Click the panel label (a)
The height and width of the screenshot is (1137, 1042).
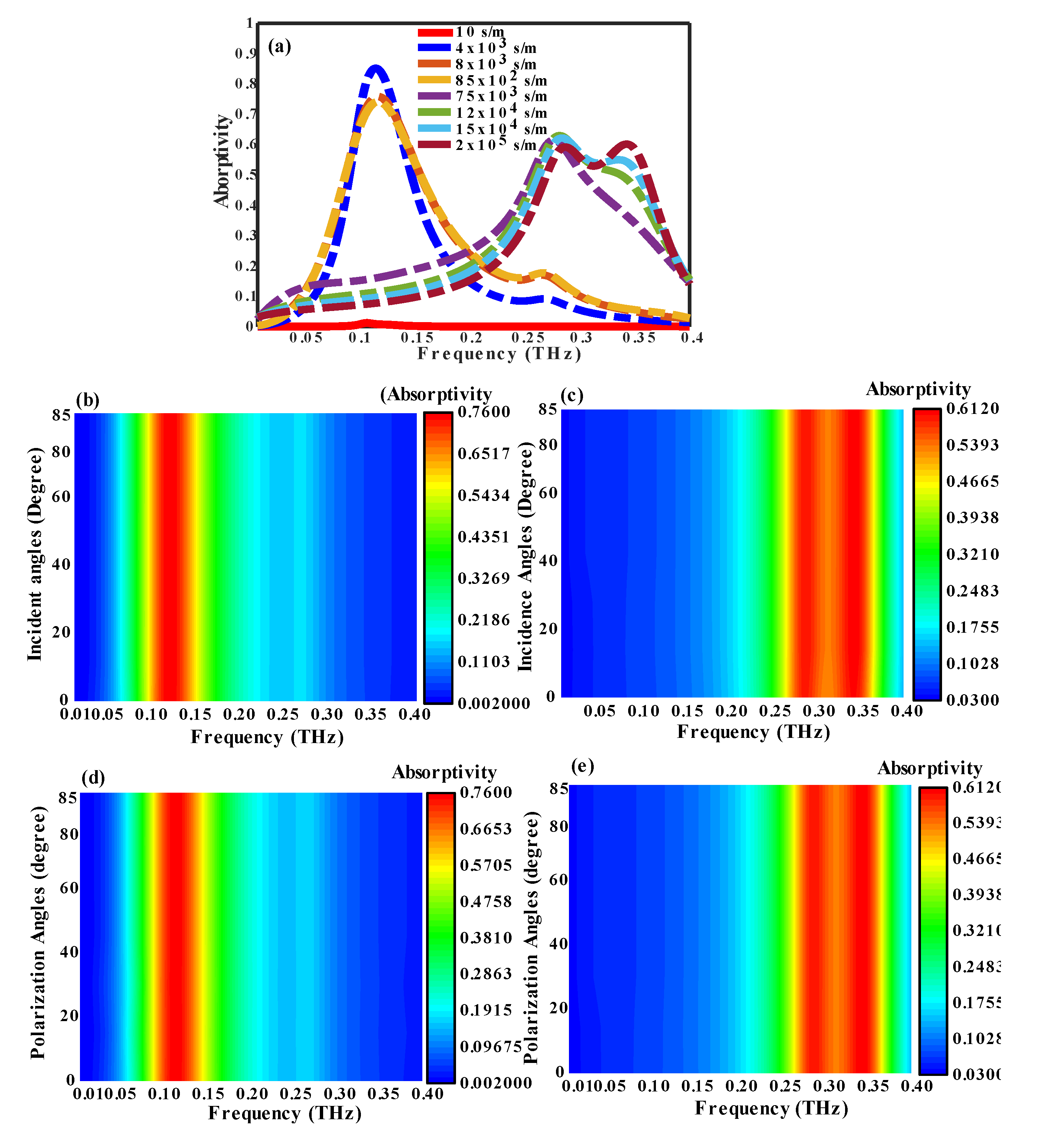click(280, 46)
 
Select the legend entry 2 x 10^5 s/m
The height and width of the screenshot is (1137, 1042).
click(496, 145)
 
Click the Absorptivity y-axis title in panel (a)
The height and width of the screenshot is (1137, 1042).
click(222, 161)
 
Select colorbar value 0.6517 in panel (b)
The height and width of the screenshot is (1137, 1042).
click(483, 454)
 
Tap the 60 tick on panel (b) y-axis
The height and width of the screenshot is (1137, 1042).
click(61, 496)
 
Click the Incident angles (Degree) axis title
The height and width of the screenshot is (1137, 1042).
click(35, 554)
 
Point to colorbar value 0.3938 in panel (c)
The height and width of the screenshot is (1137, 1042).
click(972, 517)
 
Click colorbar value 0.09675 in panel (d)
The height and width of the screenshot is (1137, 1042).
click(490, 1047)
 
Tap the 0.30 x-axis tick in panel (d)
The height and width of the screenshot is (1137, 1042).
click(340, 1094)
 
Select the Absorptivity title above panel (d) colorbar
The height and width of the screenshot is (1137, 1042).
click(444, 772)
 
